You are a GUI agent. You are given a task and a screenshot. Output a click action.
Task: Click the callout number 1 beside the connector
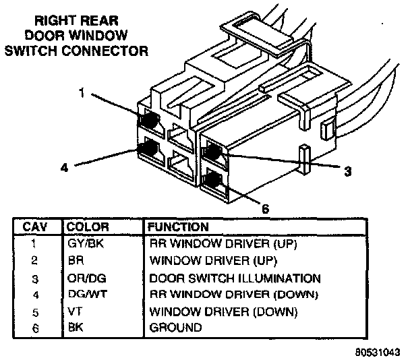click(81, 94)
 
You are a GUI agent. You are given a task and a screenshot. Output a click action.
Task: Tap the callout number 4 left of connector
click(65, 169)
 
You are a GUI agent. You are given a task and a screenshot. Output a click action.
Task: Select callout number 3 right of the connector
click(347, 172)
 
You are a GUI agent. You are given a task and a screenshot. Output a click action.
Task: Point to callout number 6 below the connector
click(266, 209)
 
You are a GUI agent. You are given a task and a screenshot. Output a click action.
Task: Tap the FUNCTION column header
click(179, 227)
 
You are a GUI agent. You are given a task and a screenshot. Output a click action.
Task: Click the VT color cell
click(75, 311)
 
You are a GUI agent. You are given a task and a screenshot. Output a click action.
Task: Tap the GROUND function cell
click(175, 328)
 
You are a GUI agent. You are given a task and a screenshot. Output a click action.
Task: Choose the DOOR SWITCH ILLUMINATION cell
click(233, 278)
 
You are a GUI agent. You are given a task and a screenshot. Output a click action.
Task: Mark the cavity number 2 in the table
click(33, 260)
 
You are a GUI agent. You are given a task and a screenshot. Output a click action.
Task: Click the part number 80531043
click(380, 351)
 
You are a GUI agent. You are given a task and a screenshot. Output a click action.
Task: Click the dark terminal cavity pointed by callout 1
click(150, 119)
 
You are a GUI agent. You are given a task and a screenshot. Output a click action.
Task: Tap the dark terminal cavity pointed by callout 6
click(213, 181)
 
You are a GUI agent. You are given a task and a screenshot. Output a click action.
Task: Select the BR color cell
click(76, 260)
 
